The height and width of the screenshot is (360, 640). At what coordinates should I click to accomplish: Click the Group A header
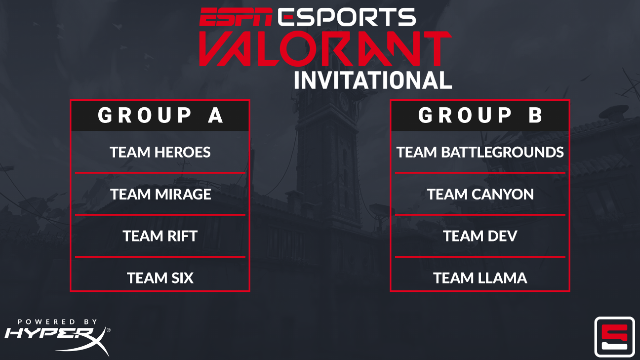[x=160, y=116]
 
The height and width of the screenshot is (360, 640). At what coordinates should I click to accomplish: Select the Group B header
[x=480, y=116]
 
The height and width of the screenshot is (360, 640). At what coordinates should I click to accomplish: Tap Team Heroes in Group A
[x=160, y=152]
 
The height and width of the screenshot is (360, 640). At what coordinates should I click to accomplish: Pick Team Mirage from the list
[x=160, y=194]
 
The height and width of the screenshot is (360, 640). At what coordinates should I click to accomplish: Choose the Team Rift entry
[x=160, y=236]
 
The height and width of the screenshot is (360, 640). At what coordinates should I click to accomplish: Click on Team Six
[x=160, y=278]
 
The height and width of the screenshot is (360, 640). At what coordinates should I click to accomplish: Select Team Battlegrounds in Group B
[x=480, y=152]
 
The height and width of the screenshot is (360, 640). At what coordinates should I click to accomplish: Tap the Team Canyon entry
[x=480, y=194]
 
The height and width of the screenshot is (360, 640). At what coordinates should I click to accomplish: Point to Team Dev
[x=480, y=236]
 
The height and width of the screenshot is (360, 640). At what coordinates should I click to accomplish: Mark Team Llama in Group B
[x=480, y=278]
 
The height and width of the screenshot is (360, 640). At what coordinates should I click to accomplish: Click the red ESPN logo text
[x=236, y=18]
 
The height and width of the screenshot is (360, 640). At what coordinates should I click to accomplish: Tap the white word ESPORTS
[x=346, y=18]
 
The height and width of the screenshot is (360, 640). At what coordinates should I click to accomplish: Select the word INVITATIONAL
[x=373, y=80]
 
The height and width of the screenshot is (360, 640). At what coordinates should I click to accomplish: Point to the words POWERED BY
[x=57, y=321]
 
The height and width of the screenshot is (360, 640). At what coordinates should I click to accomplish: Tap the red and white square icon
[x=614, y=336]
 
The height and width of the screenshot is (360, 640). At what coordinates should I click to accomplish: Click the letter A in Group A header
[x=215, y=116]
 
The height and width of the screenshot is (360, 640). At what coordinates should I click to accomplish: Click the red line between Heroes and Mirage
[x=160, y=173]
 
